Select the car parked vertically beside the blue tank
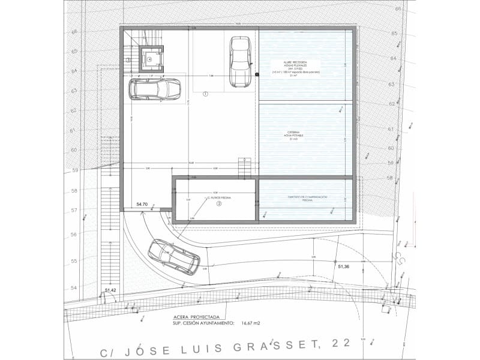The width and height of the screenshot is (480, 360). (240, 61)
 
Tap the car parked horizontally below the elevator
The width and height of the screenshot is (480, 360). (155, 89)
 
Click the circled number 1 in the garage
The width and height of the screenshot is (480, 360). (205, 94)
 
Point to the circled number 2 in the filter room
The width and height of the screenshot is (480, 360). (219, 203)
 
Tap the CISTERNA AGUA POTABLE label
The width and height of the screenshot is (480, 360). (295, 135)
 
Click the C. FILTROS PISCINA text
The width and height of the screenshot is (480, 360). (220, 197)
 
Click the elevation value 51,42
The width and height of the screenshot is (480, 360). (110, 290)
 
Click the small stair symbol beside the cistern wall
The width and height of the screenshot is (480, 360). (244, 167)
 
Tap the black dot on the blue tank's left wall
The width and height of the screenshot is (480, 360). (257, 74)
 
